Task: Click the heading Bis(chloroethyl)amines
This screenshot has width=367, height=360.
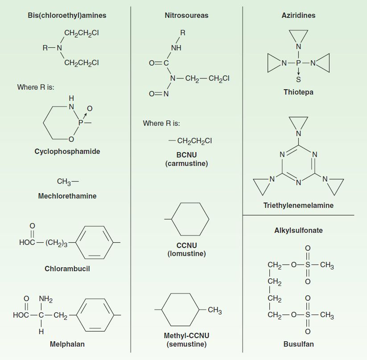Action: [67, 16]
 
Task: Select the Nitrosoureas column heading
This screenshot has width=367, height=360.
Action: [186, 16]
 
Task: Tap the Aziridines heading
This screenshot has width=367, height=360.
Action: [298, 16]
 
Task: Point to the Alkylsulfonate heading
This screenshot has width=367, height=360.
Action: [298, 230]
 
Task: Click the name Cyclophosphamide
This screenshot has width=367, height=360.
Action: [67, 151]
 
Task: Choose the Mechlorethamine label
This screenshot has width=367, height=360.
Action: [67, 196]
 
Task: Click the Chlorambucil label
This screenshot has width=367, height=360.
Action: [67, 269]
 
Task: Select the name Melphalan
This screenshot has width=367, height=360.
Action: [67, 344]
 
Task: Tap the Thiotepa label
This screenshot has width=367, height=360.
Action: [298, 92]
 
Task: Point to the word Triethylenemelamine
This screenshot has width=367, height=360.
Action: [298, 205]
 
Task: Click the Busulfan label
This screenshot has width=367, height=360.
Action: [298, 344]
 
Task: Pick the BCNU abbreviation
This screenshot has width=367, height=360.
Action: [186, 155]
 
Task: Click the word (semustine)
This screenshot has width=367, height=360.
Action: [186, 344]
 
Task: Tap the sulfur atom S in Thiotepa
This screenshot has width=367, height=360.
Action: [298, 79]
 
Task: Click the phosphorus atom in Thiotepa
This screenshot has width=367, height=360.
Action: [298, 63]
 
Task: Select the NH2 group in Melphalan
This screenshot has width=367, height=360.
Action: [45, 299]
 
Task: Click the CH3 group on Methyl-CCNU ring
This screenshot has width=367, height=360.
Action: [214, 310]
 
